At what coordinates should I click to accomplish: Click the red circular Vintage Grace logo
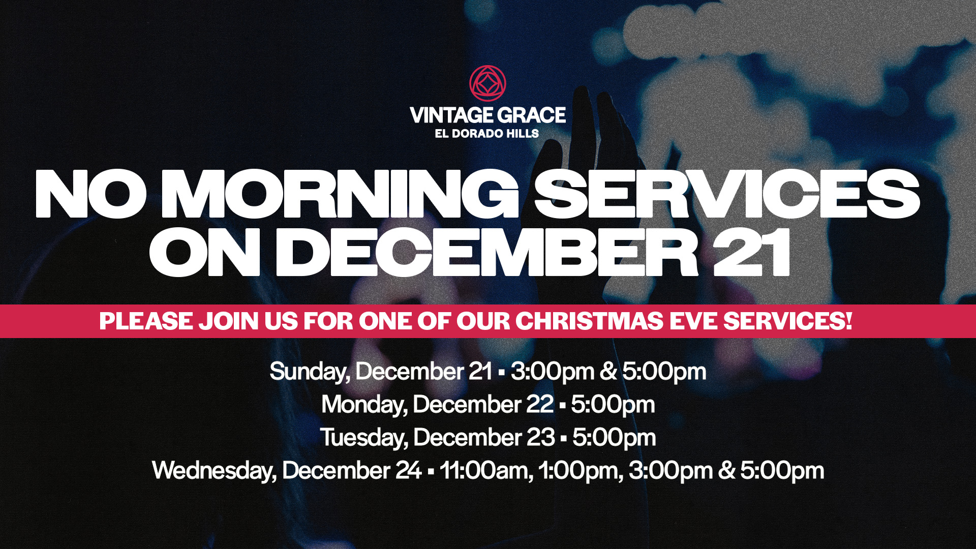(x=487, y=83)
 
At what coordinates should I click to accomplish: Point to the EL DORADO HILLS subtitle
(x=486, y=133)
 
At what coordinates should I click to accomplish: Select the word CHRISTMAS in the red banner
(x=589, y=321)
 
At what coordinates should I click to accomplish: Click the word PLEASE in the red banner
(x=146, y=321)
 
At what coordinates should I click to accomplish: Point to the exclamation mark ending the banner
(x=848, y=321)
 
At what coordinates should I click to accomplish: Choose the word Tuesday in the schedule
(x=364, y=438)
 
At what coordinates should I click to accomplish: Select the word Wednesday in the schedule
(x=215, y=471)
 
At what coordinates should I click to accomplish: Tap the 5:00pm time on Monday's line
(x=613, y=405)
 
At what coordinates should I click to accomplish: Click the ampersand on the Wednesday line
(x=726, y=471)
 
